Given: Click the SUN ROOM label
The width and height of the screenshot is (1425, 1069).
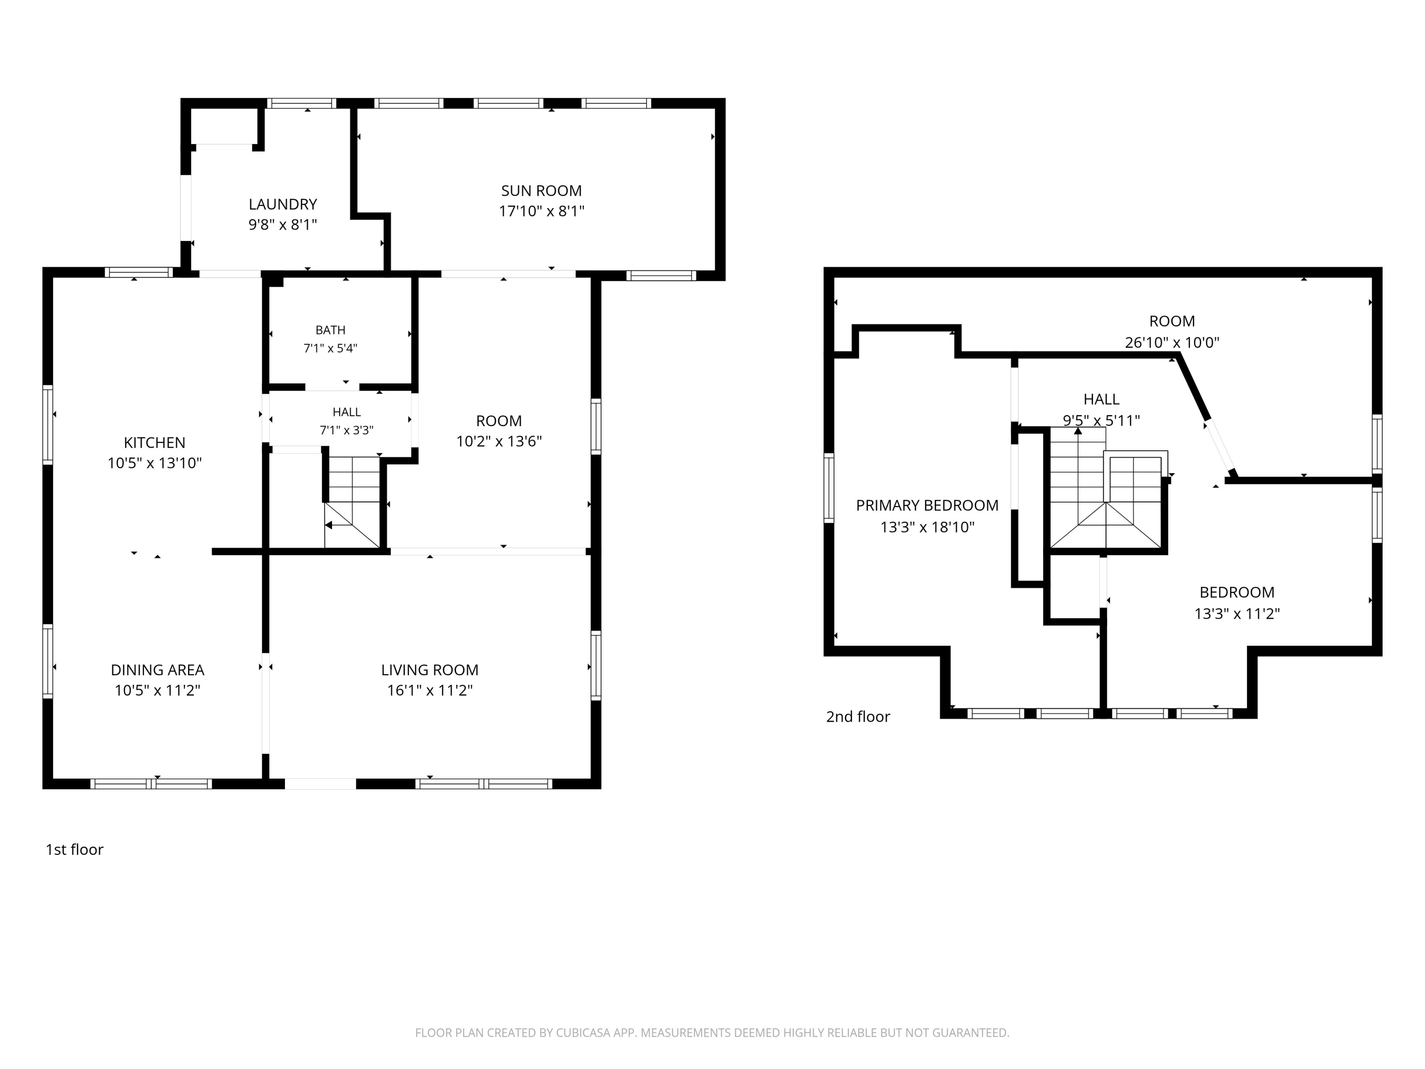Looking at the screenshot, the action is [541, 191].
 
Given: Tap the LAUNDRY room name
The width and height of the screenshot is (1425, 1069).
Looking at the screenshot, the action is [283, 204].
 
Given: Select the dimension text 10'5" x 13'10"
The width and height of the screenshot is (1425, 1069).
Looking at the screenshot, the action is [154, 463].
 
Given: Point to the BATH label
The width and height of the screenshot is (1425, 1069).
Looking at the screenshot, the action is [331, 330].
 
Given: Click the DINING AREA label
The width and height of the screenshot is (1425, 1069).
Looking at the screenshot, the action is [157, 670].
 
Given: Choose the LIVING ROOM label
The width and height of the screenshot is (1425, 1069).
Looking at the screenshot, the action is [430, 670].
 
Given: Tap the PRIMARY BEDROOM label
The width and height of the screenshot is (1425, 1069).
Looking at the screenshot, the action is [927, 506].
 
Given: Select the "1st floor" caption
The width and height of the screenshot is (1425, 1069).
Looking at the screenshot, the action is [74, 849].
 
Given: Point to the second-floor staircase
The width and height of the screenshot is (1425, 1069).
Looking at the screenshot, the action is [1107, 488].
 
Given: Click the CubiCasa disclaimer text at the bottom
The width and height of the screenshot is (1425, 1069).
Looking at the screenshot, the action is [712, 1033].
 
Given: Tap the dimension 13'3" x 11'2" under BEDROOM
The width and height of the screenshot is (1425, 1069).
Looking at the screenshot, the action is [1237, 613].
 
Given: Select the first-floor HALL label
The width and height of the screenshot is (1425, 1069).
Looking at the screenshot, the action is [347, 412].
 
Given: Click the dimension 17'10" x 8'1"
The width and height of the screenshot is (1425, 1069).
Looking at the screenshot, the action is [541, 211].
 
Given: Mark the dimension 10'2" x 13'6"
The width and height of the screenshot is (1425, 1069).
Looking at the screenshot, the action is [499, 441].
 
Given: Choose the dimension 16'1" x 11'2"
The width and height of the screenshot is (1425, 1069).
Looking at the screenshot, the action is [430, 691].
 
